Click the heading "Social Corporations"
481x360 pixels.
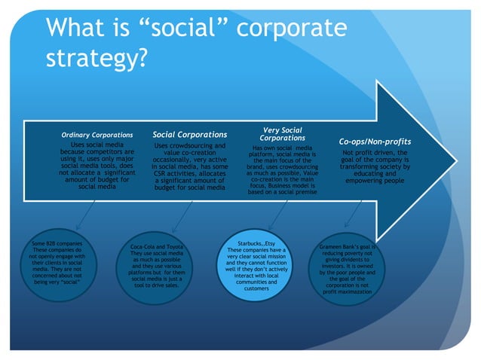(x=190, y=135)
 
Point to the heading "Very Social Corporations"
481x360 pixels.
(x=281, y=134)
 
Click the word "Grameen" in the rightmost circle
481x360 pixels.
(x=335, y=246)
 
